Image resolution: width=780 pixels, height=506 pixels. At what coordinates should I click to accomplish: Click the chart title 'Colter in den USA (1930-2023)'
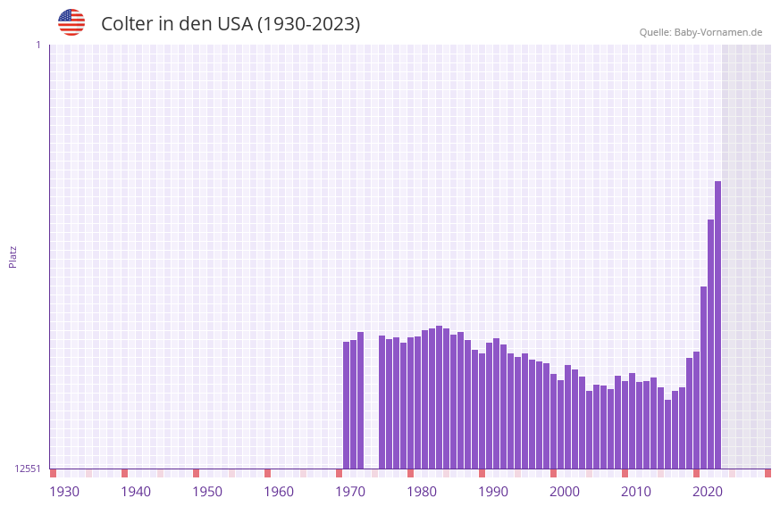[x=231, y=24]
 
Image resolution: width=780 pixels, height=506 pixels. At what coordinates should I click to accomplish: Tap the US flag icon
[x=71, y=22]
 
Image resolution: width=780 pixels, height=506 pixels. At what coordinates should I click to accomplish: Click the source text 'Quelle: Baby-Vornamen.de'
[x=700, y=32]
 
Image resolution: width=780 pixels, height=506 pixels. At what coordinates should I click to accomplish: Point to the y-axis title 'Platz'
[x=13, y=256]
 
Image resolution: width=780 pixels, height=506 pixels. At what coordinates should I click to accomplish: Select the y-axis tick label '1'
[x=38, y=45]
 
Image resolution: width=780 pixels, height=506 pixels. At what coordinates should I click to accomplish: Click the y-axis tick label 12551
[x=28, y=469]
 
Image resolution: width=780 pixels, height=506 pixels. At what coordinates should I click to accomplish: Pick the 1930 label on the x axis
[x=64, y=492]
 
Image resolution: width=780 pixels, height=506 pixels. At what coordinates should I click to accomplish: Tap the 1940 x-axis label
[x=136, y=492]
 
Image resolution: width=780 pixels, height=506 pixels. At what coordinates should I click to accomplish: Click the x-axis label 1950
[x=207, y=492]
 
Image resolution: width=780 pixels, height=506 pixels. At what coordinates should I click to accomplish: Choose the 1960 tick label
[x=279, y=492]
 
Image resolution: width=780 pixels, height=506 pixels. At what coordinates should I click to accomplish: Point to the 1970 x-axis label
[x=350, y=492]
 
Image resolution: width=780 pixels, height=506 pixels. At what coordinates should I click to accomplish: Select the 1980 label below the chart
[x=422, y=492]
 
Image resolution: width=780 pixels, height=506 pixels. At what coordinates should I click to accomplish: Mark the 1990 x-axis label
[x=493, y=492]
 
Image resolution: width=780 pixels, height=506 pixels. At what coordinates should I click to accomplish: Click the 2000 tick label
[x=565, y=492]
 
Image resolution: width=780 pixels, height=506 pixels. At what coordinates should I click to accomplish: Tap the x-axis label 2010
[x=636, y=492]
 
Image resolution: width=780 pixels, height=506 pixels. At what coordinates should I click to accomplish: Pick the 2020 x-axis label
[x=708, y=492]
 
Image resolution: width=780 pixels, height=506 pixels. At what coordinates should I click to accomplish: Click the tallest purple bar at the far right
[x=717, y=325]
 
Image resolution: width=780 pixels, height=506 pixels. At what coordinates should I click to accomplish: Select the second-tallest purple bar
[x=710, y=344]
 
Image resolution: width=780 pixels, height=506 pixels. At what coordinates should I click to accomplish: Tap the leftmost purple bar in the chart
[x=346, y=405]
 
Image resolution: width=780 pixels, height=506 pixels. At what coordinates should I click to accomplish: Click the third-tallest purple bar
[x=703, y=377]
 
